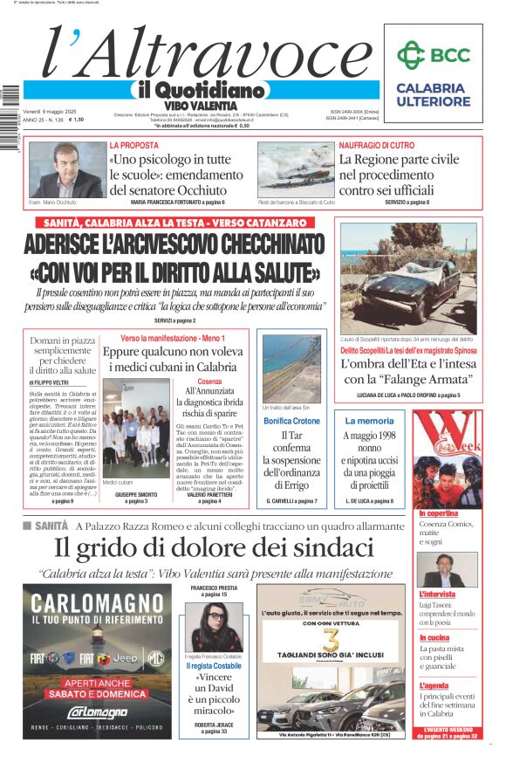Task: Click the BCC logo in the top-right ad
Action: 433,56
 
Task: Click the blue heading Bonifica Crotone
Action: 291,421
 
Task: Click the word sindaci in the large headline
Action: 326,547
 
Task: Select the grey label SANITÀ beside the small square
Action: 51,526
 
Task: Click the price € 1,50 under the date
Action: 76,120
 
